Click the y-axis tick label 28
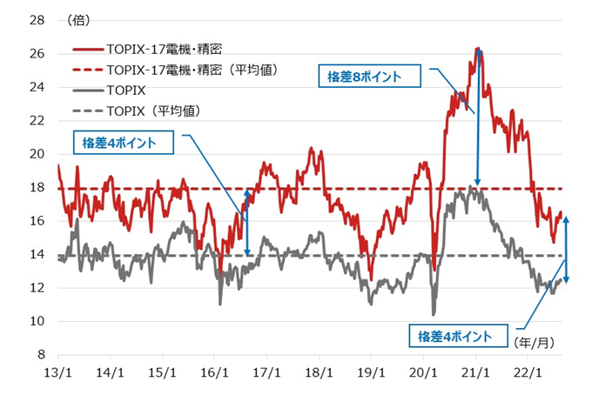coord(37,19)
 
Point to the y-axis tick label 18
coord(37,188)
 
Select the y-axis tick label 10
coord(37,322)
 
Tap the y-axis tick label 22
coord(37,121)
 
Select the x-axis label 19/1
coord(371,370)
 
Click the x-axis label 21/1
coord(475,370)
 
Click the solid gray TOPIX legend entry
coord(126,90)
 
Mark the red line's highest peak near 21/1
coord(477,48)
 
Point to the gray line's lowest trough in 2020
coord(434,314)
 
